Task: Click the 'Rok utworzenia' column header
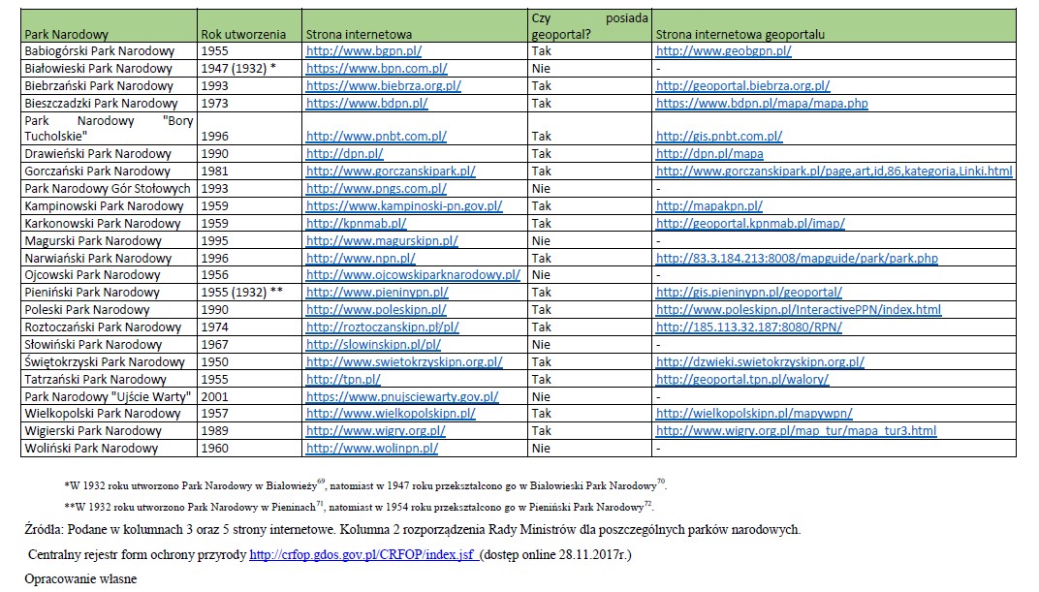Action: click(242, 34)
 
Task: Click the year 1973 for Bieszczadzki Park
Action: click(214, 103)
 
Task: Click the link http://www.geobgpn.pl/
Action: click(723, 51)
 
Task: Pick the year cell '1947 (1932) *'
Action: click(238, 69)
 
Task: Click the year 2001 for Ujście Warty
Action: click(214, 396)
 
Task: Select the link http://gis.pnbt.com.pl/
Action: click(719, 137)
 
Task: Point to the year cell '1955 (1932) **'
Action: click(241, 293)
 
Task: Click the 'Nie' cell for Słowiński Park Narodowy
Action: click(541, 345)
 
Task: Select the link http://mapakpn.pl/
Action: click(708, 206)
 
